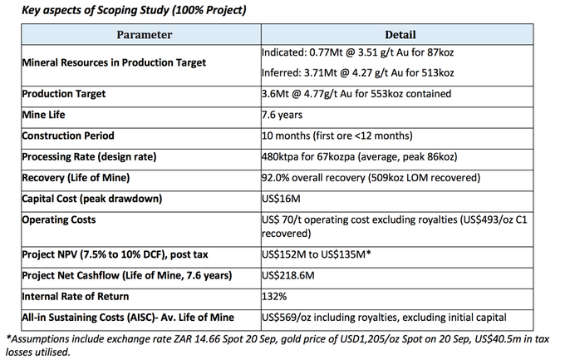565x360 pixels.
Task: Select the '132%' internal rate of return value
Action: coord(275,295)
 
